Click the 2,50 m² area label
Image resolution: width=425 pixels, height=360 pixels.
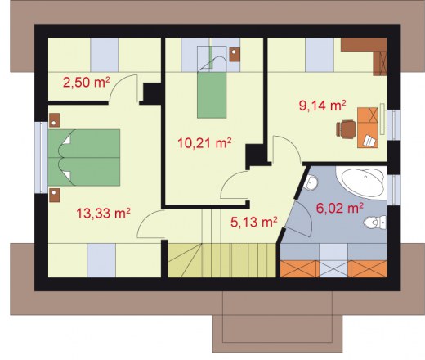click(87, 82)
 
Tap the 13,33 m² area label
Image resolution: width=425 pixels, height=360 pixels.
click(103, 214)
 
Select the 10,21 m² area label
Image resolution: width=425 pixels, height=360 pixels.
click(204, 143)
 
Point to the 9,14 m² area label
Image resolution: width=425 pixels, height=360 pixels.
click(323, 106)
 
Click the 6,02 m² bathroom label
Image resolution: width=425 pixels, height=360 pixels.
click(340, 208)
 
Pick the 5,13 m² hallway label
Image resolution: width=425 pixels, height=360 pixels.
click(254, 222)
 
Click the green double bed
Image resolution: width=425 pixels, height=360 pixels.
click(84, 158)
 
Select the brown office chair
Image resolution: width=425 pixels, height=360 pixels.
click(346, 128)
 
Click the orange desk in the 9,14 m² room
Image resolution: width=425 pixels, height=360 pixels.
click(368, 128)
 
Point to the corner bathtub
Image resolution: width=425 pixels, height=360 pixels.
click(361, 182)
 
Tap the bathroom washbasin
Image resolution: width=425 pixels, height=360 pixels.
click(311, 182)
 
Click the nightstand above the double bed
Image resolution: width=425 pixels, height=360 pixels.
click(54, 120)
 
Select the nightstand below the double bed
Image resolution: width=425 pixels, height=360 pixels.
click(55, 195)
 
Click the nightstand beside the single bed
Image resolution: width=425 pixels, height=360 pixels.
click(235, 55)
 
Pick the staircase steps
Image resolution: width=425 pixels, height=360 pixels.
click(221, 260)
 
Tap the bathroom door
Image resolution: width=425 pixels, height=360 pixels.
click(300, 218)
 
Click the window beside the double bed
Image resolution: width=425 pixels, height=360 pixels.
click(41, 158)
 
